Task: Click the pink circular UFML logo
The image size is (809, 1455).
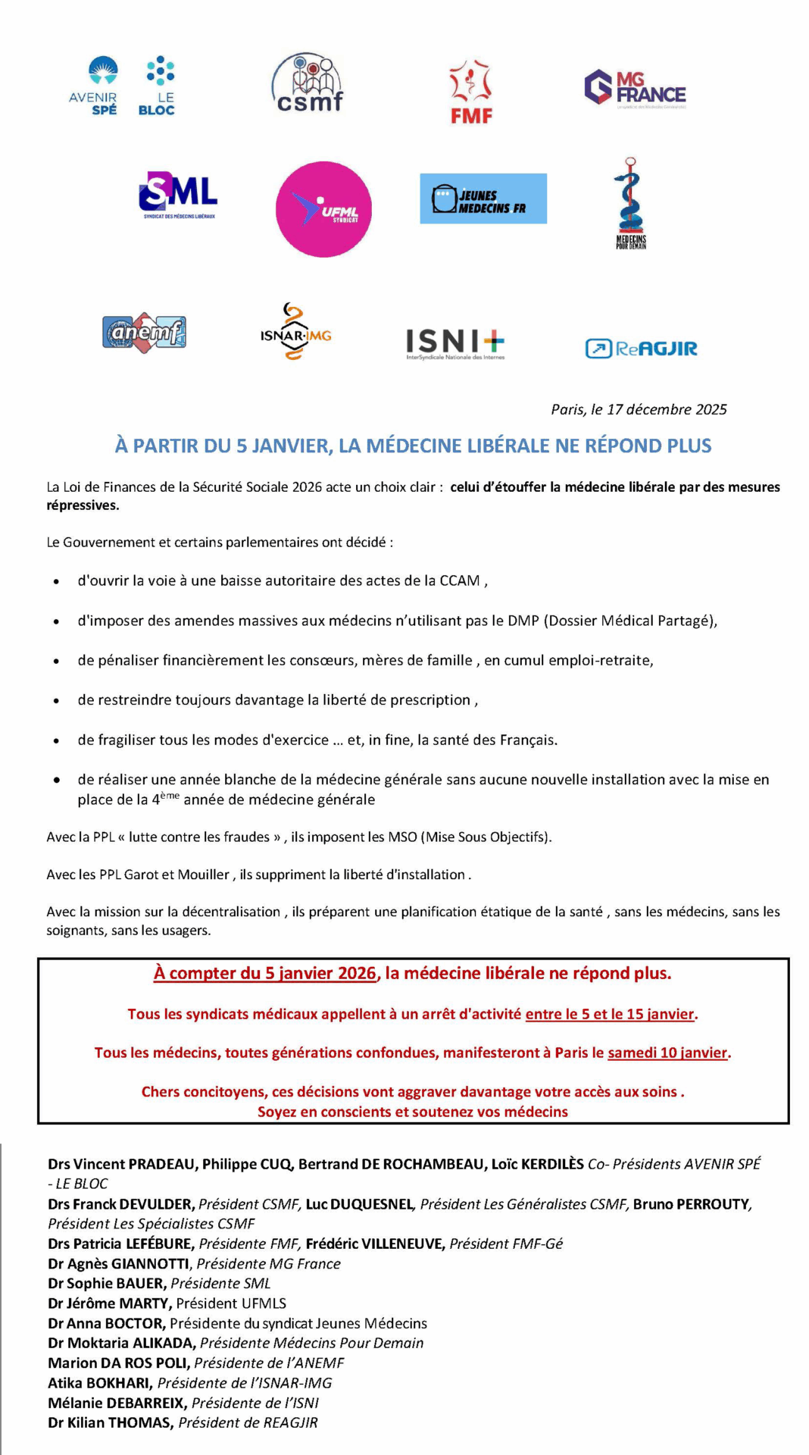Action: [x=323, y=209]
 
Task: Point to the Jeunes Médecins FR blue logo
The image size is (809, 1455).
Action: [x=483, y=199]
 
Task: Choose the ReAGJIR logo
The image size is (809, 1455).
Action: [x=641, y=349]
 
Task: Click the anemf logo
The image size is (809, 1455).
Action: [x=144, y=332]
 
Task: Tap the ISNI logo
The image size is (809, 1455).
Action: [x=454, y=343]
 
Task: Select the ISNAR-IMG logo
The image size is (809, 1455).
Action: [x=295, y=333]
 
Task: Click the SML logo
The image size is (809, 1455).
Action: [x=178, y=195]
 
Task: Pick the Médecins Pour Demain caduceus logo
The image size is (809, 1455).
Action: [x=630, y=203]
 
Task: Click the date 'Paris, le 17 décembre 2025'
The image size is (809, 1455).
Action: [x=639, y=409]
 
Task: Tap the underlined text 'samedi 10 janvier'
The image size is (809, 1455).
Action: [x=667, y=1053]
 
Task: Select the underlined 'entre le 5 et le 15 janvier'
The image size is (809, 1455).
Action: [x=610, y=1014]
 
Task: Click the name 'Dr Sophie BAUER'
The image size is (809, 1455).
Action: [x=106, y=1283]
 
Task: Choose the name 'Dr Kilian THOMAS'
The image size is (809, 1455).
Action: [x=111, y=1422]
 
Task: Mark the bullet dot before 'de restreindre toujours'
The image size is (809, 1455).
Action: [x=56, y=700]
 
